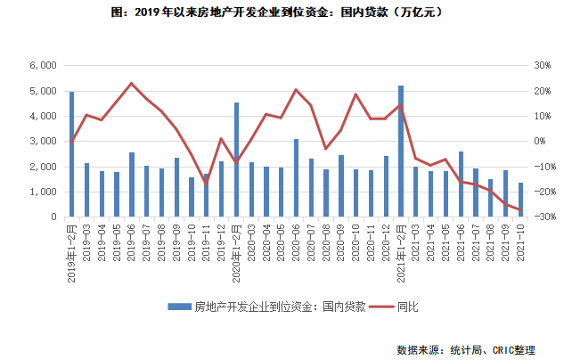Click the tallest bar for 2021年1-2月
pos(401,151)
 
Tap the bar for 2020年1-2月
pos(236,160)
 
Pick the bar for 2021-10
pos(520,200)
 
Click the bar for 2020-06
pos(296,178)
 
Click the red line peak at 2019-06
pos(131,83)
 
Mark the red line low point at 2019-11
pos(206,184)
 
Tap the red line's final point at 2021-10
pos(520,209)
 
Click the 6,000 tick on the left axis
pos(44,66)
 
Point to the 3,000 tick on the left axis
pos(44,142)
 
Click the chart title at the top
pos(285,12)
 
